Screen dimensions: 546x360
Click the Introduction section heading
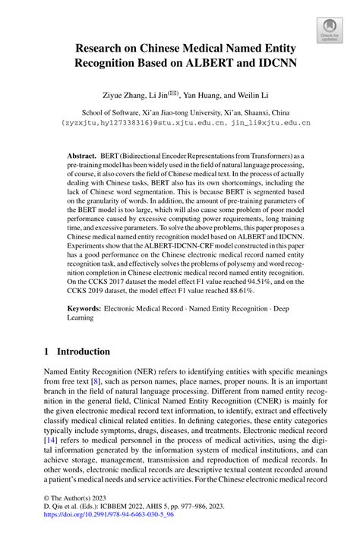pos(84,352)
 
